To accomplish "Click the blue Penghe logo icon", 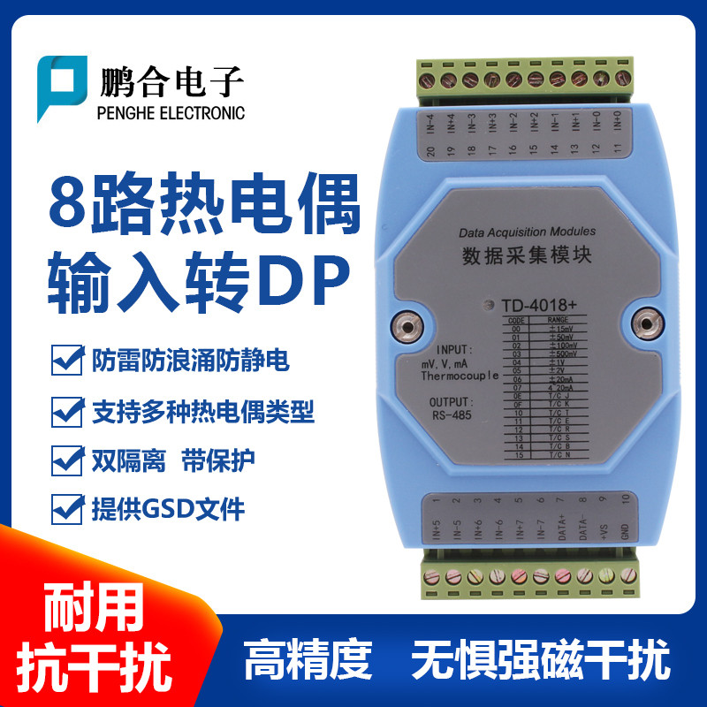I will coord(61,87).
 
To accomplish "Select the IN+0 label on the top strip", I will coord(618,119).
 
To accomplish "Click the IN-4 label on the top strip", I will coord(430,119).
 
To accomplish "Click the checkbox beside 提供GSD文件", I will coord(66,507).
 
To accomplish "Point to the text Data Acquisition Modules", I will coord(527,232).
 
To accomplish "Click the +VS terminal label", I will coord(602,530).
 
